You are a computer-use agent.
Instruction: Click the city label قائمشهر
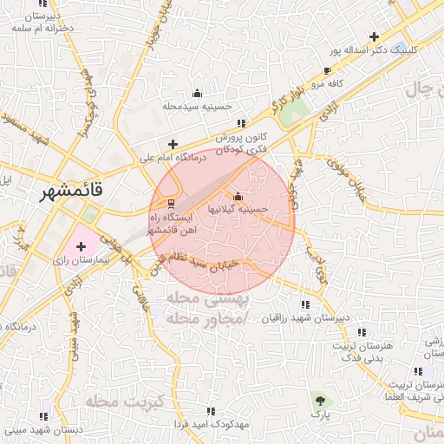point(70,193)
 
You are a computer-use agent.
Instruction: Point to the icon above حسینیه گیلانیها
point(238,196)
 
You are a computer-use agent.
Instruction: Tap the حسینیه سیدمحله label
point(197,106)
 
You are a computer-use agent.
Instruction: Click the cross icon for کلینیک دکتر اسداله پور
point(374,36)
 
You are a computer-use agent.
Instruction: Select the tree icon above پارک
point(322,400)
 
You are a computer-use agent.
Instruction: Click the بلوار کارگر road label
point(288,101)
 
